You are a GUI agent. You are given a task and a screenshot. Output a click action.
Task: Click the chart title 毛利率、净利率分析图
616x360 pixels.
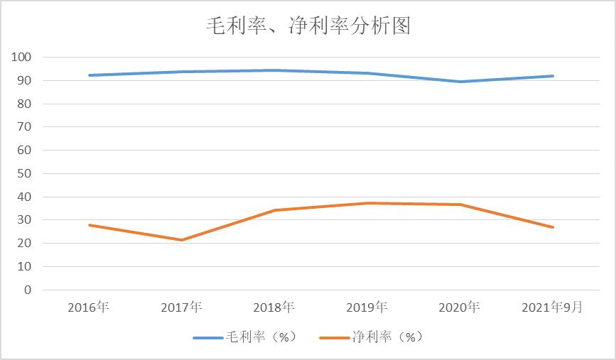[308, 27]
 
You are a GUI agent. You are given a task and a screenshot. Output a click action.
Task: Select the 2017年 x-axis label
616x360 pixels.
[181, 307]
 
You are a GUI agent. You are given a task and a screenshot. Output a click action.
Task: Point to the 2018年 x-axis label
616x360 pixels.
[274, 307]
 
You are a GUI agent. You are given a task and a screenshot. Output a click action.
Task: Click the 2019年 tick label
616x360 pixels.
[367, 307]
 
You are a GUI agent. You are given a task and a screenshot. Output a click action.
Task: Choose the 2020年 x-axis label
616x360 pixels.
[460, 307]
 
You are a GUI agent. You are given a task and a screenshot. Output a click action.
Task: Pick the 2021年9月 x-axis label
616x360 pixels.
[553, 307]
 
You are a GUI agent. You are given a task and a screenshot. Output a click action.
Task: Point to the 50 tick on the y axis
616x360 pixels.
[26, 174]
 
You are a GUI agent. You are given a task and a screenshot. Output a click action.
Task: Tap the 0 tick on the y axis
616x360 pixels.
[28, 290]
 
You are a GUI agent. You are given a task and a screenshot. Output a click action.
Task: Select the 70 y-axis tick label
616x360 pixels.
[26, 127]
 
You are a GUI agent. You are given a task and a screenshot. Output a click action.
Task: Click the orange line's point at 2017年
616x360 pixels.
[181, 240]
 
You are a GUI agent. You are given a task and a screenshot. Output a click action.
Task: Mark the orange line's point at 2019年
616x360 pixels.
[367, 203]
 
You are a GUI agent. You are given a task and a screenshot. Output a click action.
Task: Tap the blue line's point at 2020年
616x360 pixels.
[460, 82]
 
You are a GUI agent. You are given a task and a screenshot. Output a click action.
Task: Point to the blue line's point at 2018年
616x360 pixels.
[274, 70]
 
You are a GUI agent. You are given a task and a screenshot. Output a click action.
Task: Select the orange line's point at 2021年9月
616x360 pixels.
[553, 227]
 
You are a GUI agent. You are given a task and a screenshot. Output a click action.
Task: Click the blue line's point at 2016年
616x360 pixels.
[89, 75]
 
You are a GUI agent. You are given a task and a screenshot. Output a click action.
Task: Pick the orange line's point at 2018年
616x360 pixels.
[274, 210]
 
